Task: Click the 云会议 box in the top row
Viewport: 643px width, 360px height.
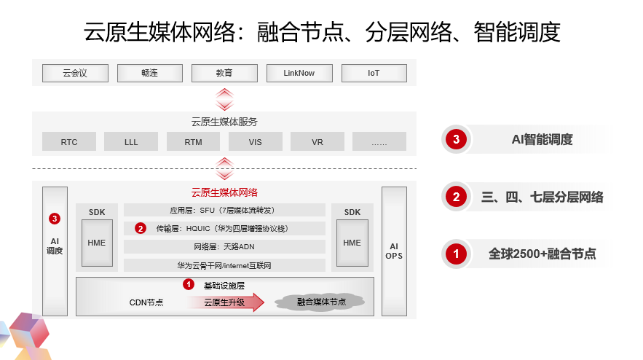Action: point(75,73)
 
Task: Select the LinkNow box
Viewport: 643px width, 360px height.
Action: point(299,73)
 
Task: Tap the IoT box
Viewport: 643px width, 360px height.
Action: point(374,73)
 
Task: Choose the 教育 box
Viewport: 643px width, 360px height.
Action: point(224,73)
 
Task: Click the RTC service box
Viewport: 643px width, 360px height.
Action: point(69,142)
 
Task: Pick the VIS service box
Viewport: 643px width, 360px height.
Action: point(255,142)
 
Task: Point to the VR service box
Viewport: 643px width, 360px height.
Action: point(317,142)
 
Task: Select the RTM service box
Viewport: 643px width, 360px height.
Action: point(193,142)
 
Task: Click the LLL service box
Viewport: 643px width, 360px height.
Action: point(131,142)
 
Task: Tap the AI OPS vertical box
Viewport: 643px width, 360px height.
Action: point(394,251)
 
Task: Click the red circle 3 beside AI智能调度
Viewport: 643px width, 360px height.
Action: point(456,140)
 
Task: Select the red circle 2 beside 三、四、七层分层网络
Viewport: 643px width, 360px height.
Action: point(456,197)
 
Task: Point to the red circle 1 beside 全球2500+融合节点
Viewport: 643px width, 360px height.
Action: point(456,254)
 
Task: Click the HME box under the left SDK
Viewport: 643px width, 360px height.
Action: point(97,243)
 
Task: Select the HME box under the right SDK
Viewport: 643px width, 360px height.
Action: point(352,243)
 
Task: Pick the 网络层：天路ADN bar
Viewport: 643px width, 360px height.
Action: point(224,247)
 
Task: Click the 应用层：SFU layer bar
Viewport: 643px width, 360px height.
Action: point(224,211)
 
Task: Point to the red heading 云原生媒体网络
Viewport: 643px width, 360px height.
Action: point(224,192)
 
